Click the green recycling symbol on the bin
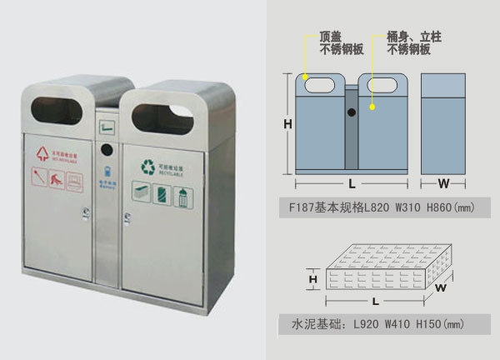[x=148, y=166]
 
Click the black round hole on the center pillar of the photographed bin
[x=107, y=150]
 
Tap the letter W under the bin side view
[x=443, y=182]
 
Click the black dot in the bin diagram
[x=352, y=112]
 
